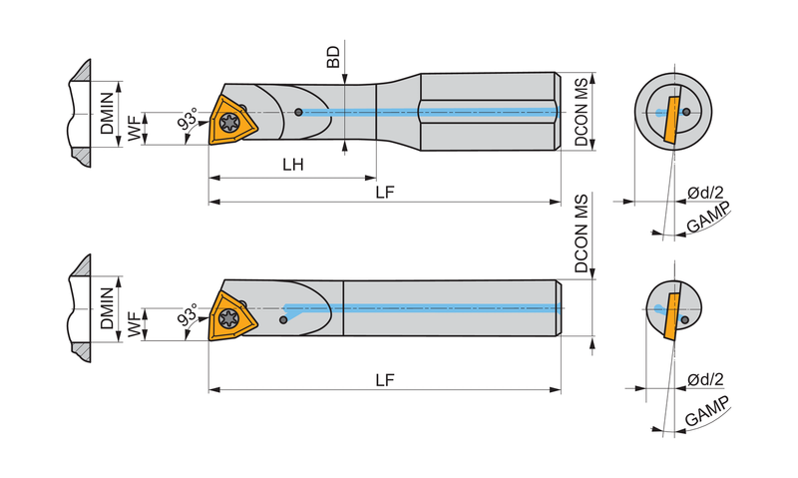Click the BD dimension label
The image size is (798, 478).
[333, 57]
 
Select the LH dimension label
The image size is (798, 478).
[293, 165]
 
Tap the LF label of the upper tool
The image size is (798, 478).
[385, 193]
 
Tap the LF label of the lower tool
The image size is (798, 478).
[385, 380]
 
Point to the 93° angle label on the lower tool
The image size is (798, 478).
[188, 315]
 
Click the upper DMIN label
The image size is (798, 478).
[107, 113]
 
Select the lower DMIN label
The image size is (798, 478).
[107, 308]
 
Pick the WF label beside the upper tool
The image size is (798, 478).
[134, 129]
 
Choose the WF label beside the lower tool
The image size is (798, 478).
[134, 324]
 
